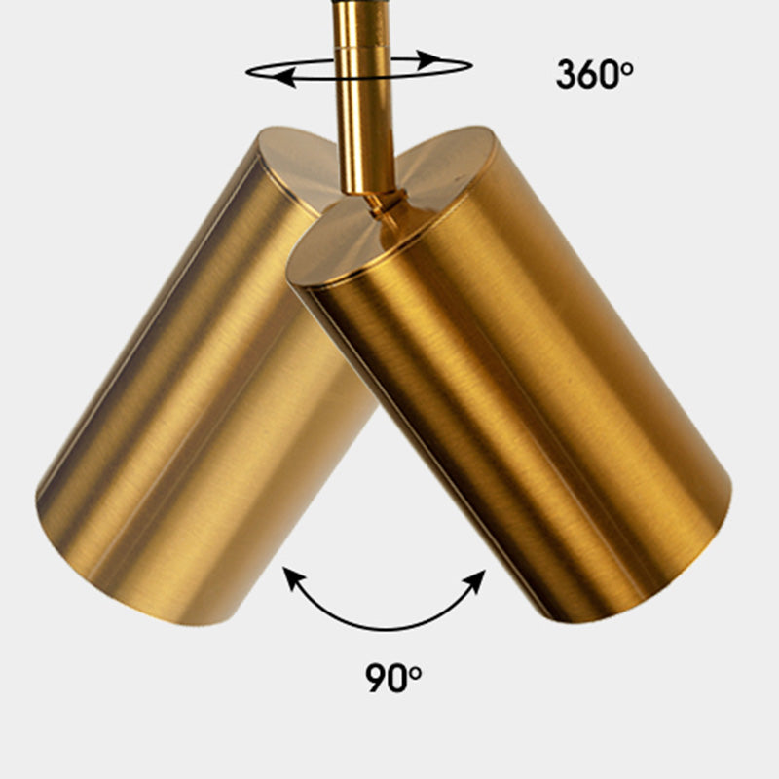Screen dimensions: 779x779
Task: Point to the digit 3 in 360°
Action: [567, 75]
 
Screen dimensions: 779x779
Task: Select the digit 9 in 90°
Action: [376, 677]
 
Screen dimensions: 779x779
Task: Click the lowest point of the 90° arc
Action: [383, 628]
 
